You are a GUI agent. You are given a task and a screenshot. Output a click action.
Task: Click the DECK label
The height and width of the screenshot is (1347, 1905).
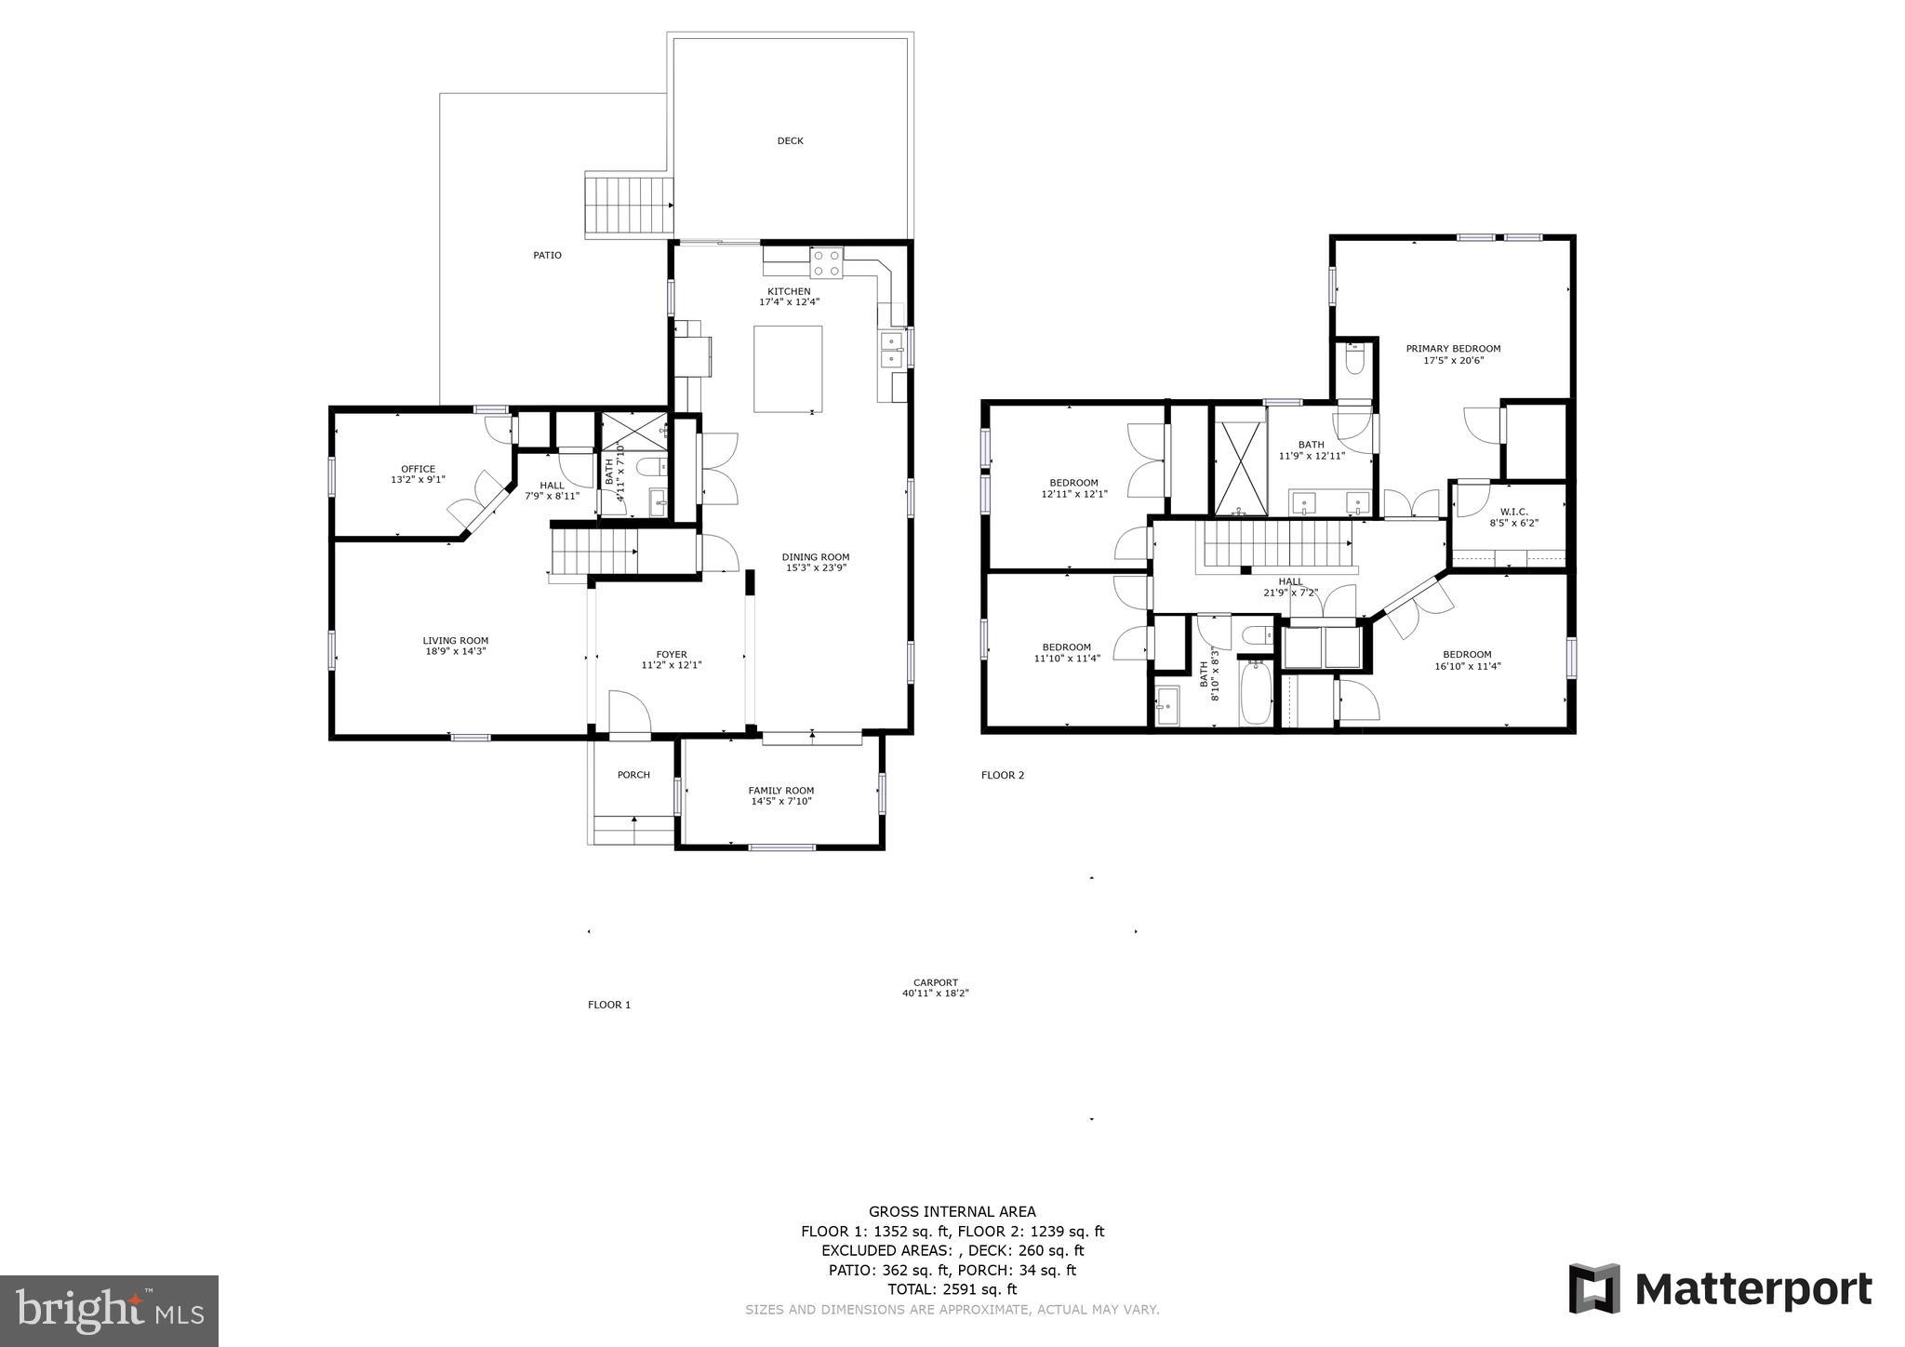790,141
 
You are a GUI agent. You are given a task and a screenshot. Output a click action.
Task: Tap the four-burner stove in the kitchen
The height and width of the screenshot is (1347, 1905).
826,262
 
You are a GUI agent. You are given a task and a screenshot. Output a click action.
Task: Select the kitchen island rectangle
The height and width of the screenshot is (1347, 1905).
788,368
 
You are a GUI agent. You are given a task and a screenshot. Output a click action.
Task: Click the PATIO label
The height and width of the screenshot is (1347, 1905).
547,255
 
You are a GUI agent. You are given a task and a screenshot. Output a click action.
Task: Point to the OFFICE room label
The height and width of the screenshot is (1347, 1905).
418,470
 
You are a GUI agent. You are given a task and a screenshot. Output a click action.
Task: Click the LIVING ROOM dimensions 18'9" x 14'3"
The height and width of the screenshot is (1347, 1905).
456,651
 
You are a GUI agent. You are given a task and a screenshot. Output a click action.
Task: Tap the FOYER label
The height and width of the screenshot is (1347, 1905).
671,655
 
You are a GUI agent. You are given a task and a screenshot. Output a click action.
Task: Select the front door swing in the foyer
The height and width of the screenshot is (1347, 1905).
630,713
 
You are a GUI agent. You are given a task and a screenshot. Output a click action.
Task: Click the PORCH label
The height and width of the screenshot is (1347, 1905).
633,775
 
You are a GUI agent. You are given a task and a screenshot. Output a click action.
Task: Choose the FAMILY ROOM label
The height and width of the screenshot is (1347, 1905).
781,791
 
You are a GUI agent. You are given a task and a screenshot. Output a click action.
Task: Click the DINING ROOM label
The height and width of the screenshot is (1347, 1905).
815,557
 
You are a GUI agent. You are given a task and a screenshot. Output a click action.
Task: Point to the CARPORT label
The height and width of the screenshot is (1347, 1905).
935,982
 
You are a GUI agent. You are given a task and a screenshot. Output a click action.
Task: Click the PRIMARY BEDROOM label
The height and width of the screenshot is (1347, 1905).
1453,349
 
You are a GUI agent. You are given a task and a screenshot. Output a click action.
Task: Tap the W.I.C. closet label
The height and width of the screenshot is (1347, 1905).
1513,512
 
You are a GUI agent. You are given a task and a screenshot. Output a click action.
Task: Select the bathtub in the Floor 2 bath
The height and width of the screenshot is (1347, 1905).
1256,692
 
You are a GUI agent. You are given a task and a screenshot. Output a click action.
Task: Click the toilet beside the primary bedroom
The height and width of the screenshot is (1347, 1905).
1354,359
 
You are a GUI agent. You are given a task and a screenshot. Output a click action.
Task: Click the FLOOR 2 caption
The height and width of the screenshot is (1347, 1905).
1002,775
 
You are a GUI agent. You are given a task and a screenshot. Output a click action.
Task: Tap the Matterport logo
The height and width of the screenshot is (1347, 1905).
1720,1290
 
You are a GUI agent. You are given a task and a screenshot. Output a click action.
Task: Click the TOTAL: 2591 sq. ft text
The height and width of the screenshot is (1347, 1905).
952,1289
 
